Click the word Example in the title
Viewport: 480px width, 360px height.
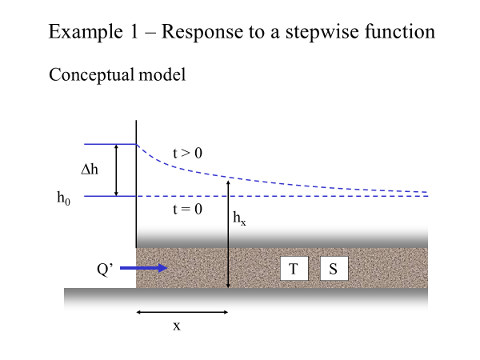[x=86, y=32]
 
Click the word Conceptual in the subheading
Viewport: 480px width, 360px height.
[x=91, y=75]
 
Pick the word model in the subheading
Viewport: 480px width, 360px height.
[x=162, y=74]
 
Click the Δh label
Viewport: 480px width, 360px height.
[x=90, y=169]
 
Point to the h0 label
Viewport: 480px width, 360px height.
[x=63, y=198]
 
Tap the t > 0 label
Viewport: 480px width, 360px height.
[x=187, y=153]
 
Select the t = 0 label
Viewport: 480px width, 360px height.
[x=187, y=209]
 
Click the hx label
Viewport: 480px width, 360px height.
[x=239, y=218]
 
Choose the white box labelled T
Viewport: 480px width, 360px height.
[x=294, y=269]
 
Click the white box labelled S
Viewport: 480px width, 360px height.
[x=334, y=269]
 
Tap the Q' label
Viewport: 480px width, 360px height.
[x=105, y=270]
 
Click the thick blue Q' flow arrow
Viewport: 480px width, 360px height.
[x=143, y=268]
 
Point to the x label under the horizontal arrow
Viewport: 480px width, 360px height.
[x=177, y=326]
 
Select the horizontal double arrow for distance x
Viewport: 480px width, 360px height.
[x=182, y=312]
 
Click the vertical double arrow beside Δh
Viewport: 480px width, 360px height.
[x=116, y=170]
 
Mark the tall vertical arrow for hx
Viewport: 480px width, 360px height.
[x=228, y=234]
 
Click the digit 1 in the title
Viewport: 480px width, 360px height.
[x=134, y=31]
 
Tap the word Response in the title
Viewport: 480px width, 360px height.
[x=202, y=32]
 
